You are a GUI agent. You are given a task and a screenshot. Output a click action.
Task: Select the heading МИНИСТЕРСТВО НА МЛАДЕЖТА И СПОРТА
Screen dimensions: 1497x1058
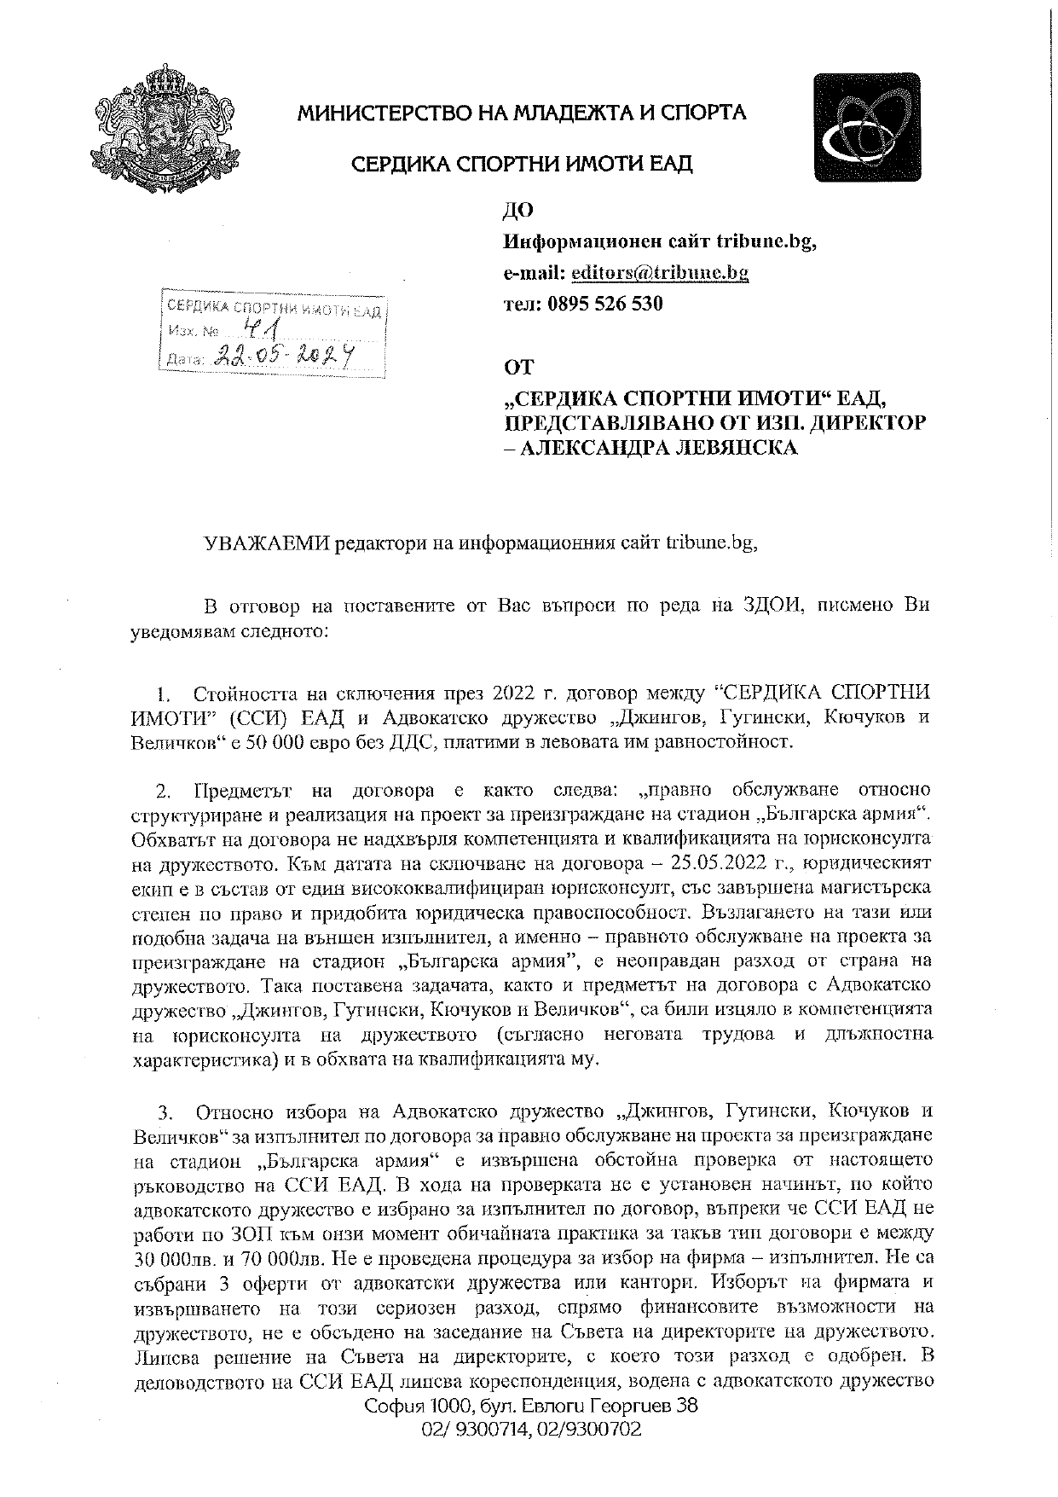[x=522, y=112]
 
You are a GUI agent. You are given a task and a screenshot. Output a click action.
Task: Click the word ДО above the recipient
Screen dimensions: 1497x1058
[x=518, y=210]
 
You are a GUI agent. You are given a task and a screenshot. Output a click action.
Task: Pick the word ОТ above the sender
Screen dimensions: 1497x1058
[x=518, y=368]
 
